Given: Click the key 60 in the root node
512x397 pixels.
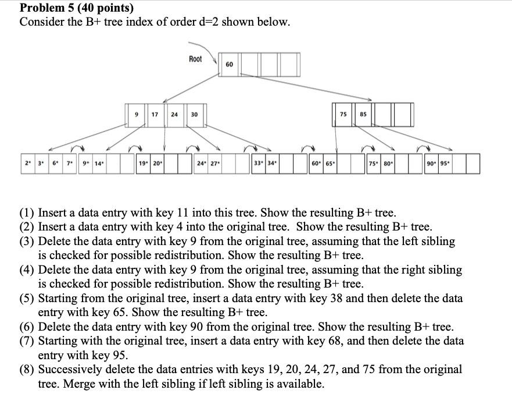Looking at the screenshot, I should (x=229, y=64).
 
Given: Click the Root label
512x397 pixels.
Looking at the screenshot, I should (x=196, y=59).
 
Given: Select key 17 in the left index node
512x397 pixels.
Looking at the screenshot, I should (x=155, y=115).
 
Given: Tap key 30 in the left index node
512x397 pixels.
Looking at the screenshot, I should (x=194, y=115).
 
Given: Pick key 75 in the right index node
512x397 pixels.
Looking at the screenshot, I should (x=343, y=115).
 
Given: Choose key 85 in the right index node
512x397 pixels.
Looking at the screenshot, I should (x=363, y=115).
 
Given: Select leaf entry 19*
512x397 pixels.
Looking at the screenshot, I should (x=143, y=164).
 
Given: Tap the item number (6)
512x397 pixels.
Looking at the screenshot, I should (x=27, y=327).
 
